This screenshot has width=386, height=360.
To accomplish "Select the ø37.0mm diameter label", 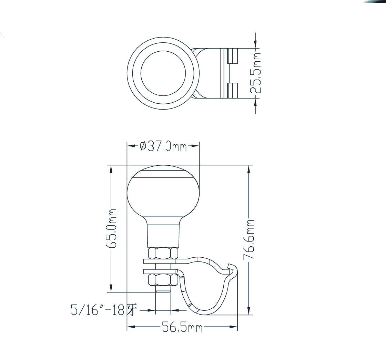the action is (x=163, y=146).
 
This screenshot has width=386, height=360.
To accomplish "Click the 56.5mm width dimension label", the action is (x=182, y=328).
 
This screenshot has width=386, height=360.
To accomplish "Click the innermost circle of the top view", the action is (x=163, y=73).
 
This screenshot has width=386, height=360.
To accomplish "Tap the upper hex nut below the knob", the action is (x=163, y=253).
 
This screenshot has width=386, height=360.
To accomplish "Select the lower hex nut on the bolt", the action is (x=163, y=280).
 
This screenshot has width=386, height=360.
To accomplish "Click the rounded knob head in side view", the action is (x=163, y=193).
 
